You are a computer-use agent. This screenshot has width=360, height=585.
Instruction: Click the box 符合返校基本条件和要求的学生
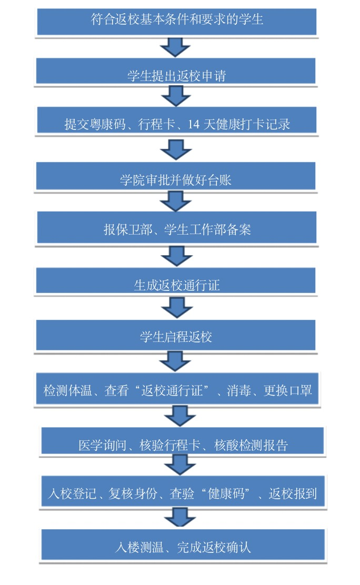(176, 21)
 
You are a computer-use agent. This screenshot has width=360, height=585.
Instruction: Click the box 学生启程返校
(176, 335)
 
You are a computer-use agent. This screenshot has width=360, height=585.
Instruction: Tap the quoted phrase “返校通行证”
(174, 391)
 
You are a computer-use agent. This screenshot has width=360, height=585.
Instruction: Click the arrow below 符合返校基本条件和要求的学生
(175, 46)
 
